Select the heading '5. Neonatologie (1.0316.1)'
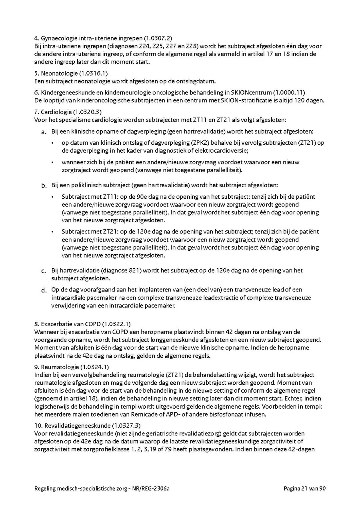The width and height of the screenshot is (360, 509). [x=71, y=74]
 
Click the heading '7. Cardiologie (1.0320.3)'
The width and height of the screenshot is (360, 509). [x=71, y=112]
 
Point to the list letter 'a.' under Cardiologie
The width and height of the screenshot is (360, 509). [x=44, y=132]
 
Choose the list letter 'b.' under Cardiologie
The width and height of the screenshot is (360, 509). [x=44, y=186]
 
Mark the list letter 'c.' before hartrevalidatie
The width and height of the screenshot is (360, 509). [x=44, y=271]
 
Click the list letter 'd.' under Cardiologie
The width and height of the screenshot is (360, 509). [x=44, y=290]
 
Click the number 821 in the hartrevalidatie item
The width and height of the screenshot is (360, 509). [x=134, y=271]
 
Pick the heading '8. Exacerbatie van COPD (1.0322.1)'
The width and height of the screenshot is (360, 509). [x=83, y=324]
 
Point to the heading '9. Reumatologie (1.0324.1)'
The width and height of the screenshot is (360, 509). [x=72, y=367]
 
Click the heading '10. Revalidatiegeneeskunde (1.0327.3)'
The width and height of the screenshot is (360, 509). [x=88, y=425]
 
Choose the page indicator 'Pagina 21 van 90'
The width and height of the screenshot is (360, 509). [x=305, y=488]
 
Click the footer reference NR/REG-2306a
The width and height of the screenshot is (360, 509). [x=156, y=488]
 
